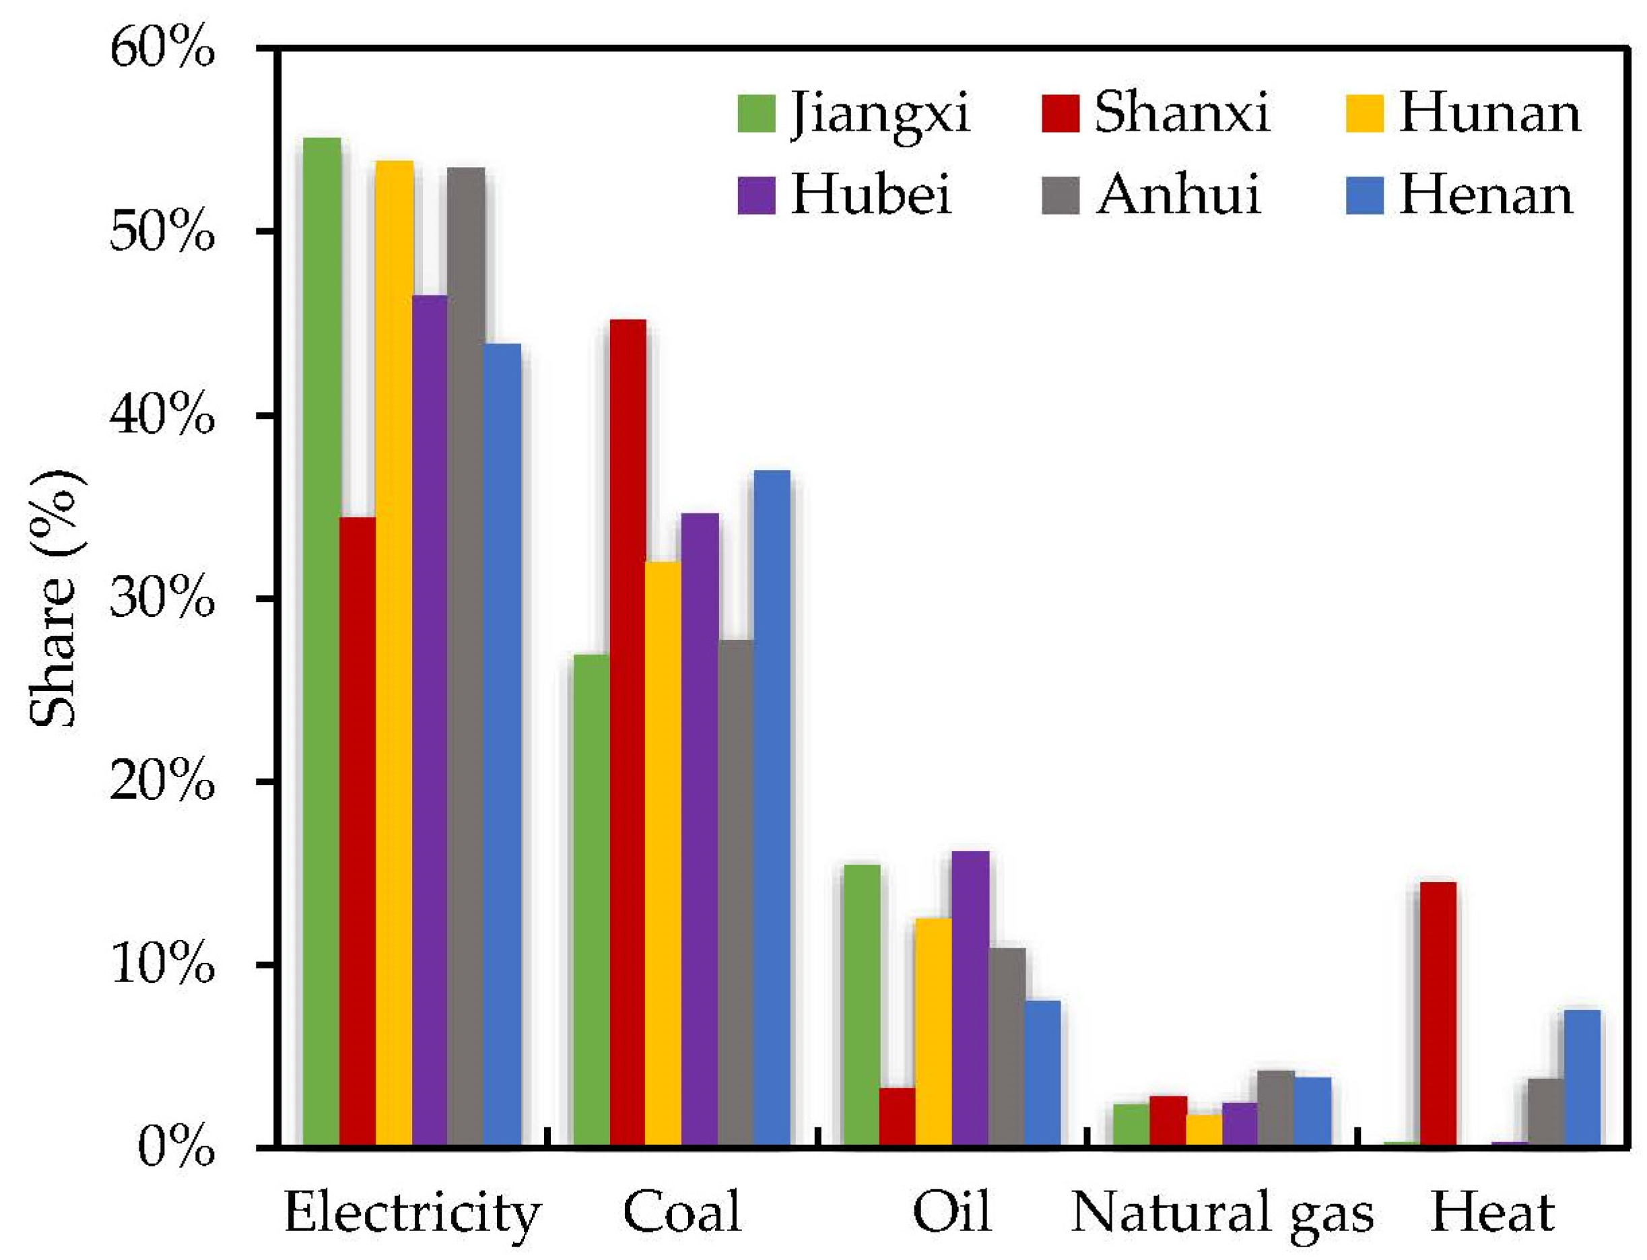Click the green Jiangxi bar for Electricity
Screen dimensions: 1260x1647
[x=321, y=638]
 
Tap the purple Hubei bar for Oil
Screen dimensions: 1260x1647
[x=970, y=997]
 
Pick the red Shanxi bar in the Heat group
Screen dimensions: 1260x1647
[x=1438, y=1012]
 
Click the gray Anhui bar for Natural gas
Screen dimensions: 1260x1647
[x=1276, y=1108]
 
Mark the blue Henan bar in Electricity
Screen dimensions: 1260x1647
[x=502, y=743]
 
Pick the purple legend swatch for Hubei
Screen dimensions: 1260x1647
[x=756, y=196]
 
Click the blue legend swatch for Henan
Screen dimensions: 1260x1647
[x=1364, y=196]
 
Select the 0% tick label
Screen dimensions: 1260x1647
[x=176, y=1148]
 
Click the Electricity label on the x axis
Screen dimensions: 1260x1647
[x=412, y=1214]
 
